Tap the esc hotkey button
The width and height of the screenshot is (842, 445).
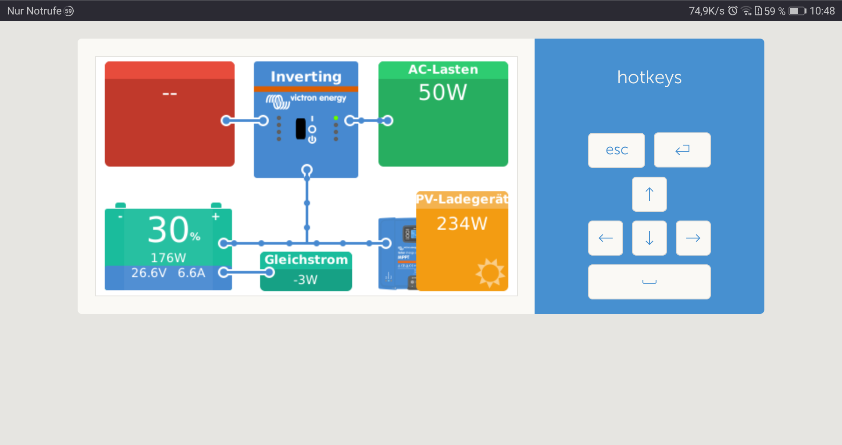click(x=616, y=150)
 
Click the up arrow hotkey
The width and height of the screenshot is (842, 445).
click(x=649, y=194)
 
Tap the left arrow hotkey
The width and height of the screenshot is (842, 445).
click(x=605, y=238)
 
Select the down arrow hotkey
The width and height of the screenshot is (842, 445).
click(x=649, y=238)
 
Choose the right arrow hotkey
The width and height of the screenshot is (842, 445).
click(x=693, y=238)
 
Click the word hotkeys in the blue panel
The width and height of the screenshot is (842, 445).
click(x=649, y=78)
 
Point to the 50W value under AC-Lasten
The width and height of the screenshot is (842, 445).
click(x=442, y=93)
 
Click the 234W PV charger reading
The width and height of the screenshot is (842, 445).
click(x=462, y=224)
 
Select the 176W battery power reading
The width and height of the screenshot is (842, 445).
click(x=168, y=257)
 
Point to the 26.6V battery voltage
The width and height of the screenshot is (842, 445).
click(x=149, y=273)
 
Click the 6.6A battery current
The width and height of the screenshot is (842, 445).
click(x=192, y=273)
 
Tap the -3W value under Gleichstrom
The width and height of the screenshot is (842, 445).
click(x=306, y=280)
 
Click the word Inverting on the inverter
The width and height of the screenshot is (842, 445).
click(x=306, y=77)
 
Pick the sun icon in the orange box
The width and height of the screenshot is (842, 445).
click(x=490, y=273)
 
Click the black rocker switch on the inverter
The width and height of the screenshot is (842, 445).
click(x=300, y=129)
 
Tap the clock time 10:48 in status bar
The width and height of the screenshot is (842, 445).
click(x=822, y=11)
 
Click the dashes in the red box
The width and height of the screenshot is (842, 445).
click(x=170, y=94)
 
